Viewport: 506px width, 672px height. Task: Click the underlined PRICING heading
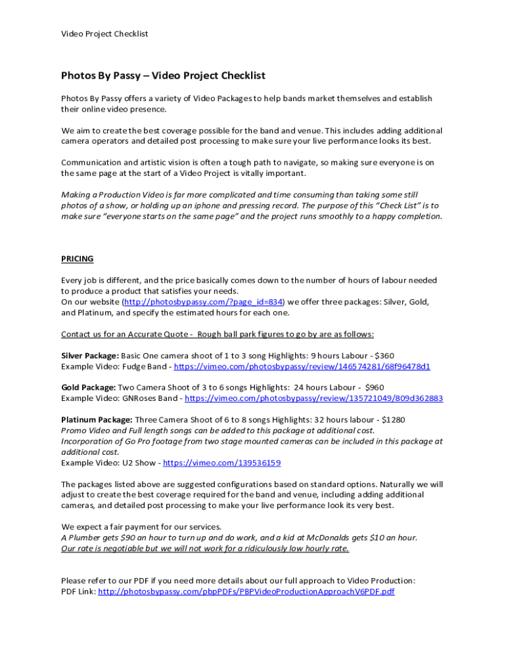coord(77,259)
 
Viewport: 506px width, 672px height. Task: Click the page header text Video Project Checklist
coord(104,33)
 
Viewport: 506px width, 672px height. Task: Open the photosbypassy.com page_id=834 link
coord(203,302)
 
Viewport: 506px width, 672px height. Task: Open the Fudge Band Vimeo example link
coord(302,366)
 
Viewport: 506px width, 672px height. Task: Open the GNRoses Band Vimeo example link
coord(313,398)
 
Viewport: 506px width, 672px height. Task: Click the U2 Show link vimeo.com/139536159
coord(221,463)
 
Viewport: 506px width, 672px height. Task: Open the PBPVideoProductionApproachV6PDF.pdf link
coord(246,591)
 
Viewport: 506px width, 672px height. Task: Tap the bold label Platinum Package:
coord(97,419)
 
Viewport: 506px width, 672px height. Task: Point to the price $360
coord(384,356)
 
